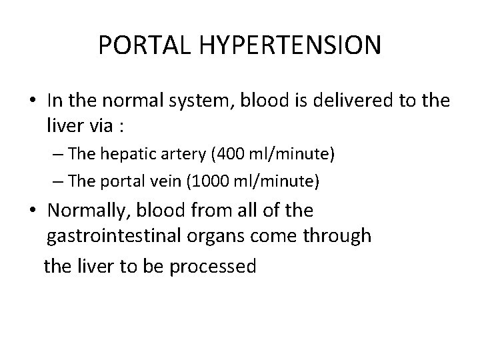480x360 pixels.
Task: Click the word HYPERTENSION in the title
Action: click(x=291, y=46)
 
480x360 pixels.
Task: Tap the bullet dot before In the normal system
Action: click(x=33, y=101)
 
